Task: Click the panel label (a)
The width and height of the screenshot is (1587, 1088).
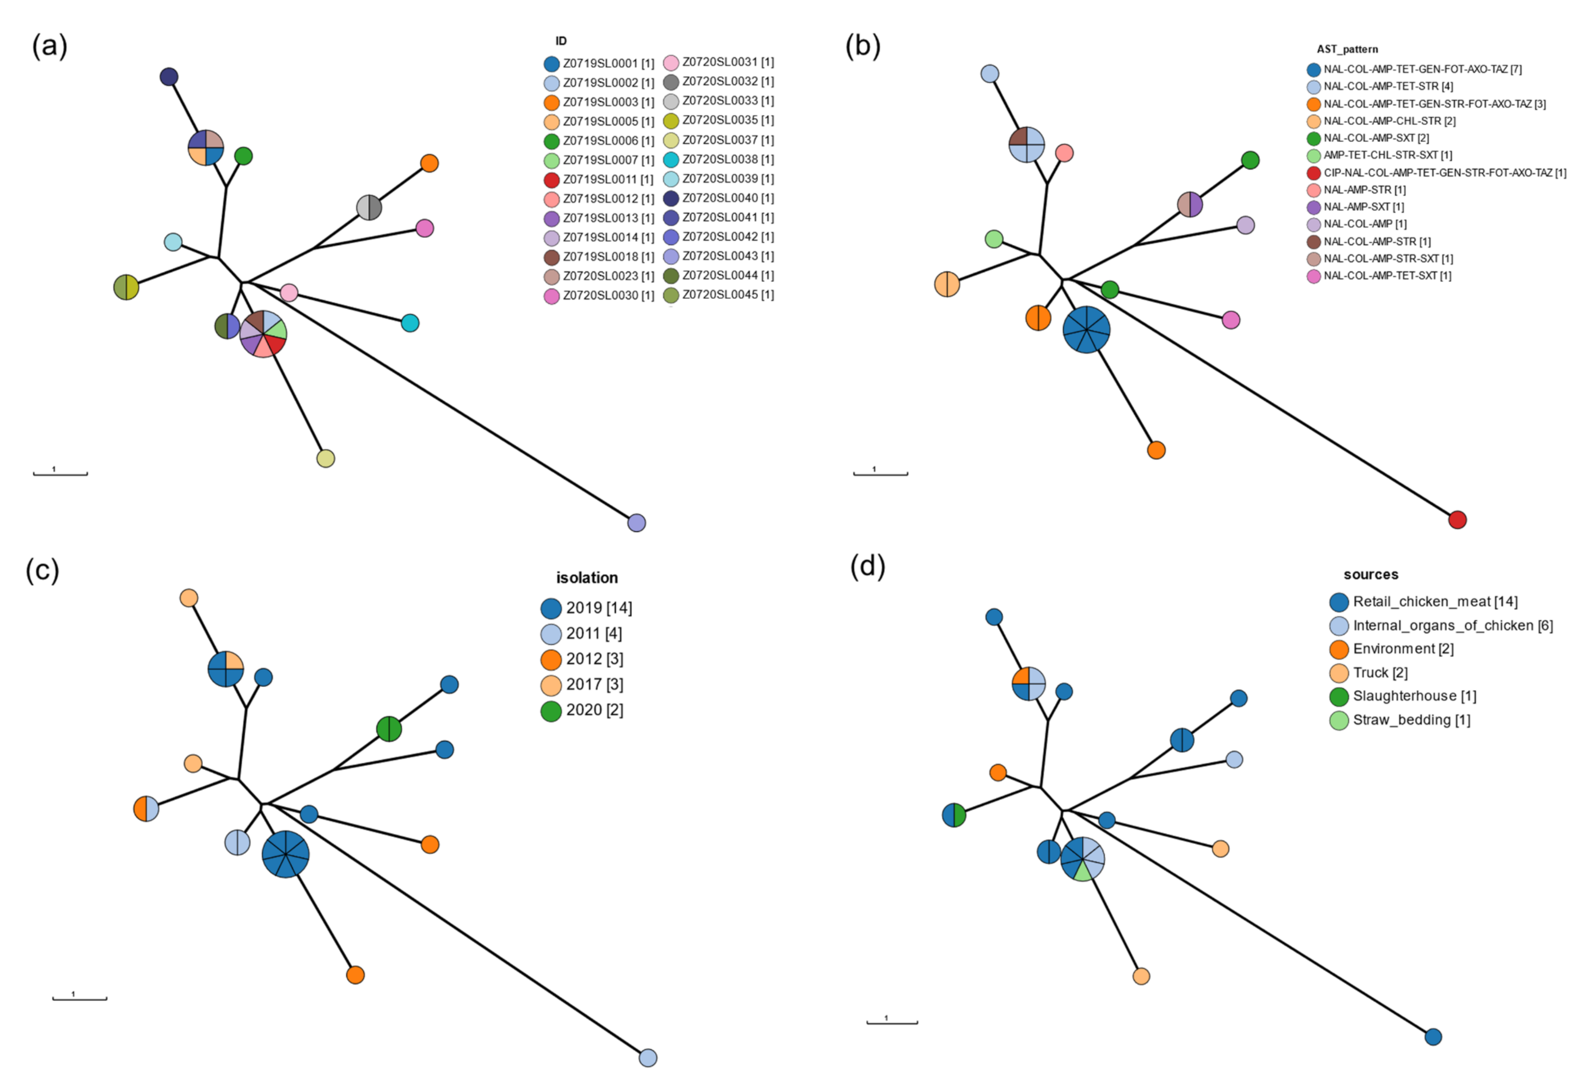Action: [x=49, y=46]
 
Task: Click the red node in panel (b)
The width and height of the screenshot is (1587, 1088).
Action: [x=1457, y=520]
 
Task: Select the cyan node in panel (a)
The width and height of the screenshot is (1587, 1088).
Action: [x=410, y=323]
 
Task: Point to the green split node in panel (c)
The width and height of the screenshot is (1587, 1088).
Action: [x=389, y=729]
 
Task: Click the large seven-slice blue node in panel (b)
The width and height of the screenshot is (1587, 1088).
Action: [x=1086, y=330]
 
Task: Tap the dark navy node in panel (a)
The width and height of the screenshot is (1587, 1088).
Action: [x=169, y=76]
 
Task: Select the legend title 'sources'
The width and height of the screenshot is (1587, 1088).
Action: [x=1370, y=574]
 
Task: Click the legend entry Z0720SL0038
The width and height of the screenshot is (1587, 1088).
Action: [x=719, y=159]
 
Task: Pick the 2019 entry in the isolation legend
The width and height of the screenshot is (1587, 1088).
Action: [x=587, y=608]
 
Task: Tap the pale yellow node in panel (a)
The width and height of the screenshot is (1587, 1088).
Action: [x=326, y=458]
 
